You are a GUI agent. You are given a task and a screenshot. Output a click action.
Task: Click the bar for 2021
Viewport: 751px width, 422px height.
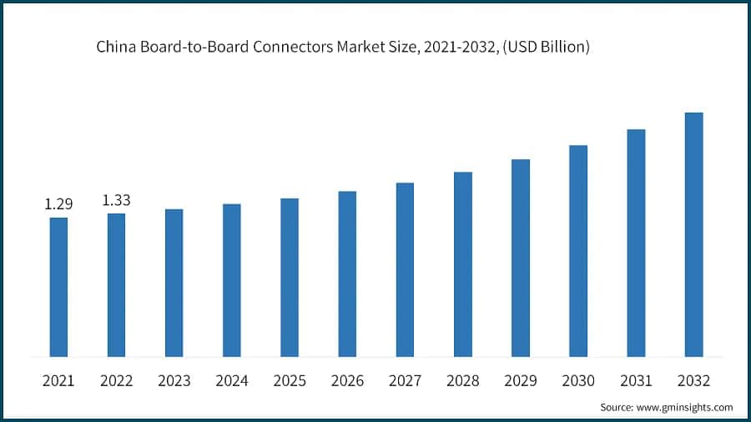tap(58, 287)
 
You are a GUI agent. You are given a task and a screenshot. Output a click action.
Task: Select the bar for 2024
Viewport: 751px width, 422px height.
tap(232, 280)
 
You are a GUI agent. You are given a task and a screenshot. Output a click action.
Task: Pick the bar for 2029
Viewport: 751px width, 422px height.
tap(521, 258)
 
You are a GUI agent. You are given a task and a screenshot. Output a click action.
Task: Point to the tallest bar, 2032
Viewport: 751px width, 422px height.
tap(693, 234)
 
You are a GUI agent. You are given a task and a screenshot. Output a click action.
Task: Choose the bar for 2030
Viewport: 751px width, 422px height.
tap(578, 251)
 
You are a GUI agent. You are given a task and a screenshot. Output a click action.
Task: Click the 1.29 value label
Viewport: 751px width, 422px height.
tap(58, 204)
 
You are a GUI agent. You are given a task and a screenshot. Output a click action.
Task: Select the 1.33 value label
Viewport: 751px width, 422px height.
tap(116, 200)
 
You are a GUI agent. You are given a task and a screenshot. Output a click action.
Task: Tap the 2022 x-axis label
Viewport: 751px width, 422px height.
tap(116, 381)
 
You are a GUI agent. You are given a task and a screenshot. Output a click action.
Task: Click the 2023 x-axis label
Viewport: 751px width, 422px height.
tap(174, 381)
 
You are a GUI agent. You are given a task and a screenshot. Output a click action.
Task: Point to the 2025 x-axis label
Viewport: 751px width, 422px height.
tap(290, 381)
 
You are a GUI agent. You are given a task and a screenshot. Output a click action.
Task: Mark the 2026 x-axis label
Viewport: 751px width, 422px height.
tap(347, 381)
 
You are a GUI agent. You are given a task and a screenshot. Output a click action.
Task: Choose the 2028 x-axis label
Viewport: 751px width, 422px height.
tap(462, 381)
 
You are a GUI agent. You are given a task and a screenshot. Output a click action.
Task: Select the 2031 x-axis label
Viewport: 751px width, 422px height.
tap(636, 381)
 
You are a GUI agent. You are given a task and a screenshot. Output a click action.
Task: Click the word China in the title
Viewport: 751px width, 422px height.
tap(113, 48)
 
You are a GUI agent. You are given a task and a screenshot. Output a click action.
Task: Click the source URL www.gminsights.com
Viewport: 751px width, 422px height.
tap(685, 407)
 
